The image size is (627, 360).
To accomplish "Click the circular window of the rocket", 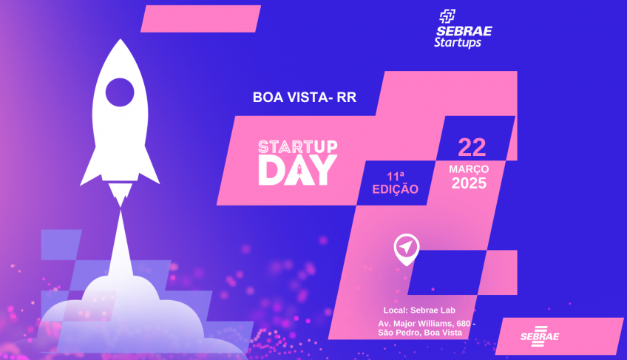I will [x=120, y=92].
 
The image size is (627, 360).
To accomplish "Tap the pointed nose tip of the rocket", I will [x=120, y=43].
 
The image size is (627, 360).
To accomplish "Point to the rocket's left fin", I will [x=90, y=167].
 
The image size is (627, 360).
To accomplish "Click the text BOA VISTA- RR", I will [x=305, y=97].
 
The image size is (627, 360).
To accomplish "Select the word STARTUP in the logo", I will [x=296, y=145].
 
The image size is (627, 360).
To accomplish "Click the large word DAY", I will [x=296, y=170].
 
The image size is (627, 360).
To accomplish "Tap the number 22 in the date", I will [x=472, y=146].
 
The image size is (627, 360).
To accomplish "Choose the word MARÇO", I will [x=469, y=169].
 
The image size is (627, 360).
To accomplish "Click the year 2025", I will [x=469, y=183].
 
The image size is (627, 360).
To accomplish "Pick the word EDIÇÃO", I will [x=395, y=189].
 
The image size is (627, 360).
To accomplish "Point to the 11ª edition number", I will [x=396, y=176].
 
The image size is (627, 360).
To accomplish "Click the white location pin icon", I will [x=406, y=248].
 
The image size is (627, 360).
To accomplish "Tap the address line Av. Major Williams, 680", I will [x=427, y=324].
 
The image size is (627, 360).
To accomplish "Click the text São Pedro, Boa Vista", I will [x=420, y=333].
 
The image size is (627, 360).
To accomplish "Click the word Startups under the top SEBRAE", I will [x=458, y=43].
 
